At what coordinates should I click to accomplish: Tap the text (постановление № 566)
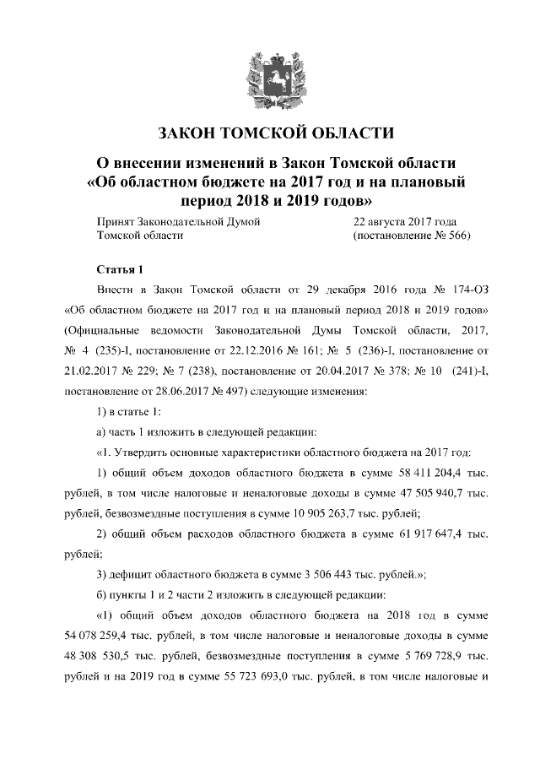click(x=410, y=236)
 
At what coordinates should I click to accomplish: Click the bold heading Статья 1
click(x=121, y=271)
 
